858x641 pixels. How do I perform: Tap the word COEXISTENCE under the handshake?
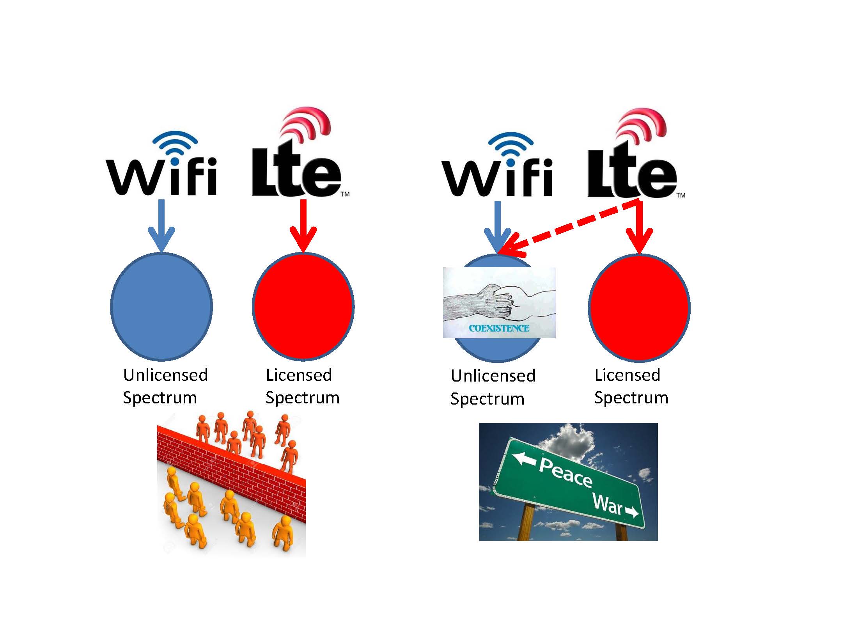(499, 328)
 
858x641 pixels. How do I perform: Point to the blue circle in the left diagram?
(161, 307)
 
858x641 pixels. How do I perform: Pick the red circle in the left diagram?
(303, 307)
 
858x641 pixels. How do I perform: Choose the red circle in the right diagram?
(639, 307)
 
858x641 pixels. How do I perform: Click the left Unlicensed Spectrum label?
(165, 386)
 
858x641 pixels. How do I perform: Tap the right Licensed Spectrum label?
(631, 386)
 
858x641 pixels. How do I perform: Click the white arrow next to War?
(632, 512)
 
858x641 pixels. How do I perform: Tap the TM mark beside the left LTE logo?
(345, 194)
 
